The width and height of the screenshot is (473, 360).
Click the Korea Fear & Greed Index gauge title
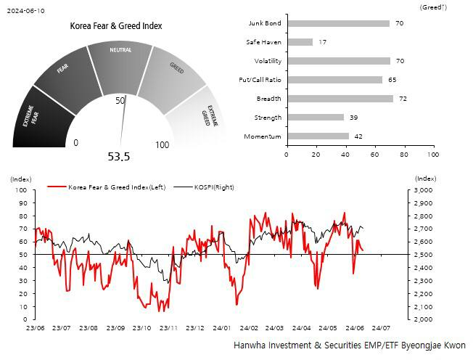coord(116,26)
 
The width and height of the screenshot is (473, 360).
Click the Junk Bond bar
coord(337,23)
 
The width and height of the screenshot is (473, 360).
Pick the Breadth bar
coord(340,98)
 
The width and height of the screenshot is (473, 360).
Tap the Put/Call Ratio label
coord(260,80)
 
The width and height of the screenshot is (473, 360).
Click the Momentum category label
coord(263,136)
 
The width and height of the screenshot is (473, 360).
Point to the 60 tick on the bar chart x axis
coord(374,155)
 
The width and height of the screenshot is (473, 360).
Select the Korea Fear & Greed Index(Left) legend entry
coord(117,187)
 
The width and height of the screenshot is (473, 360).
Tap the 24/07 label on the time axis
coord(381,329)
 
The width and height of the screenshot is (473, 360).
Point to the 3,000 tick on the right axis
coord(424,190)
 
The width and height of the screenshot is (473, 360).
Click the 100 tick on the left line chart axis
coord(20,190)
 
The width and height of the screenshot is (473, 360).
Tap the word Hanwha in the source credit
coord(250,345)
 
